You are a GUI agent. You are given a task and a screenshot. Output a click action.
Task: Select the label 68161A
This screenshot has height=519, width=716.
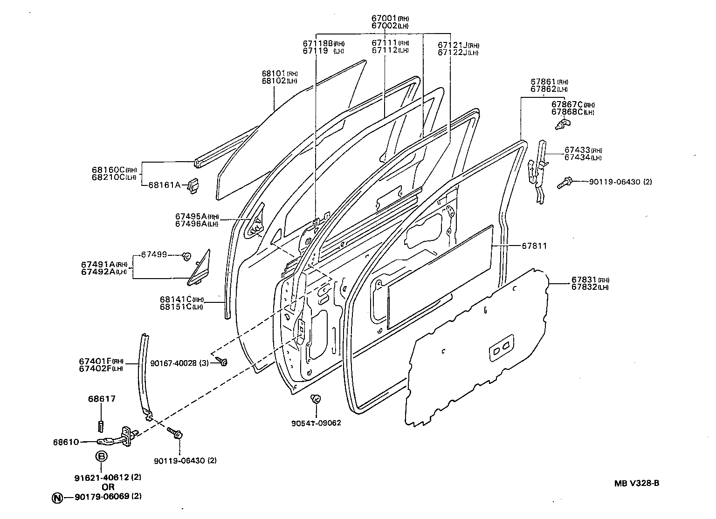tap(164, 185)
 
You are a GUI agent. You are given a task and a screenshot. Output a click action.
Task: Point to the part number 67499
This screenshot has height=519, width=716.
tap(154, 255)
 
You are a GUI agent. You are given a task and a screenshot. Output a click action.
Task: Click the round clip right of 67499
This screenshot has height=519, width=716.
tap(186, 255)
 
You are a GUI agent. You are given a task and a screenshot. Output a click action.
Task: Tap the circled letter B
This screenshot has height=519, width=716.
tap(101, 457)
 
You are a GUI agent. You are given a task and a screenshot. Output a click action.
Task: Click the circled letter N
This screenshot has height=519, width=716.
tap(57, 497)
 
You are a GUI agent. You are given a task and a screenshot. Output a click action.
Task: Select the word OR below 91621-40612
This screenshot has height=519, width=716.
tap(108, 487)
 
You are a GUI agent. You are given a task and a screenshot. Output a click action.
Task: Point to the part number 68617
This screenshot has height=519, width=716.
tap(102, 399)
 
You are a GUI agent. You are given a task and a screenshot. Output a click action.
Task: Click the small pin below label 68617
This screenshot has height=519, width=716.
tap(101, 426)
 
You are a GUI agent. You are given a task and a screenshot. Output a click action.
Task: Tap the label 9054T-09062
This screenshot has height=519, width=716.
tap(316, 423)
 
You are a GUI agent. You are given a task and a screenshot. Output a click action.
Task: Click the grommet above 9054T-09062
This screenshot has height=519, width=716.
tap(315, 399)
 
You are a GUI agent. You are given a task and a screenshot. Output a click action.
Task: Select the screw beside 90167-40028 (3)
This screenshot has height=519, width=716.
tap(222, 362)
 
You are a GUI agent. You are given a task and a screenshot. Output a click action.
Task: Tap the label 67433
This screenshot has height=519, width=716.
tap(577, 150)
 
